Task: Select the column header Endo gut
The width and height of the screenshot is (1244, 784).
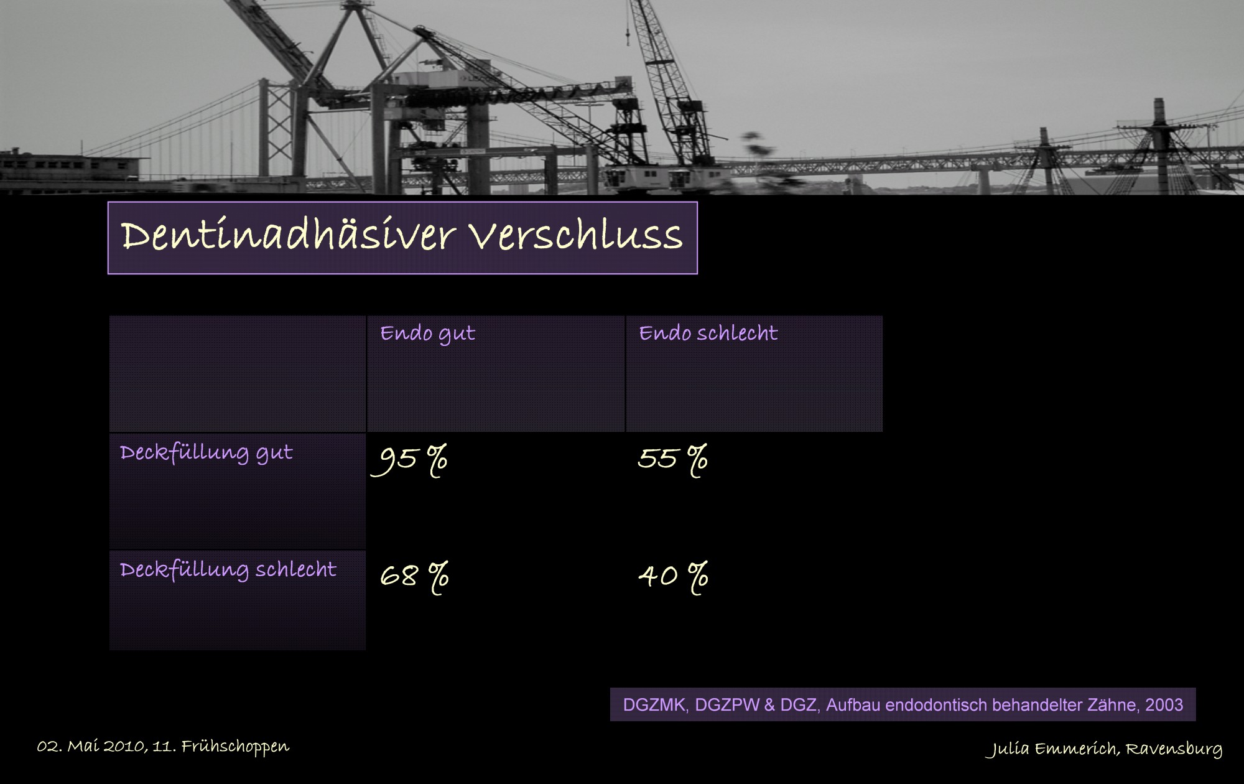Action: point(428,334)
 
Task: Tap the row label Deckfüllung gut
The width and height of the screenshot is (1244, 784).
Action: point(207,453)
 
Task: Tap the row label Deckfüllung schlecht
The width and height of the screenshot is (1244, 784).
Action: point(228,570)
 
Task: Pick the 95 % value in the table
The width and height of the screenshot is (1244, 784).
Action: point(409,461)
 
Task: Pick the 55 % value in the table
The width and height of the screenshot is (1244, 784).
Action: point(672,460)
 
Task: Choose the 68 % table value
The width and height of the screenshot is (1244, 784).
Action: point(414,577)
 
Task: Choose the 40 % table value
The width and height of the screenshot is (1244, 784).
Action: point(674,577)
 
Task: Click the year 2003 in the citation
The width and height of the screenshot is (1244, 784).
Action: point(1164,705)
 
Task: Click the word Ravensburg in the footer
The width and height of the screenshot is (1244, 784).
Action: point(1174,749)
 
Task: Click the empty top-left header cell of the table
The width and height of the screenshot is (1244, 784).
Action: point(238,374)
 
